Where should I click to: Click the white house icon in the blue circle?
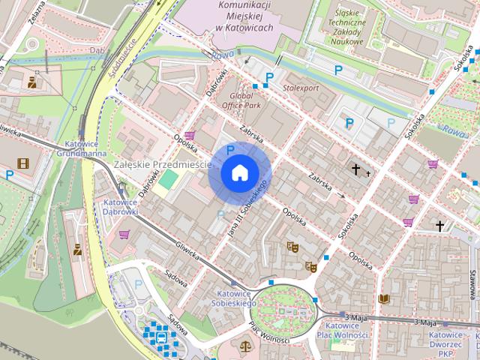pos(239,172)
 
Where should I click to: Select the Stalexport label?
pos(300,88)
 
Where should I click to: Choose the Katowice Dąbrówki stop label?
pos(120,206)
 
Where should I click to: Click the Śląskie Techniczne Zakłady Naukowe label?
pos(345,27)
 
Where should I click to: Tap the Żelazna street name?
pos(35,11)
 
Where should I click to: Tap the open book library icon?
pos(383,298)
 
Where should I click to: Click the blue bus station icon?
pos(161,338)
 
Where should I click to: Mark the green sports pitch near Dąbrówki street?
pos(170,179)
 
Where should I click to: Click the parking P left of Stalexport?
pos(269,77)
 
